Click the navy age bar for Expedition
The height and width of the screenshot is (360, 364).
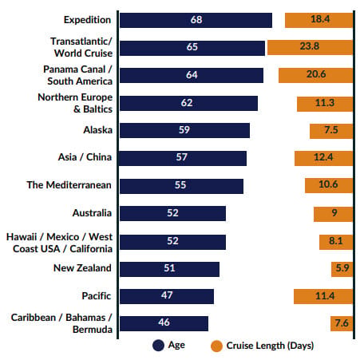click(x=196, y=20)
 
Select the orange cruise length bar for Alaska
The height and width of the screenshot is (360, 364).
click(x=331, y=131)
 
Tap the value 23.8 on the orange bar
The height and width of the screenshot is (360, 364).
click(x=310, y=46)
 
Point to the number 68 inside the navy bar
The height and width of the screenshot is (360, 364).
click(x=196, y=20)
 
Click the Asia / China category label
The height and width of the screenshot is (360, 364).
click(x=85, y=157)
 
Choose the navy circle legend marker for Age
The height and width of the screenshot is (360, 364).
click(x=158, y=346)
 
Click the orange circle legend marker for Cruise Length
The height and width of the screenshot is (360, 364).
click(x=216, y=346)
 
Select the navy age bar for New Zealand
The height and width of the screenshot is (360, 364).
click(x=169, y=269)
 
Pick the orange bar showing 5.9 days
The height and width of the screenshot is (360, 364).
click(x=342, y=269)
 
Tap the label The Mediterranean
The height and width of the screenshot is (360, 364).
click(x=69, y=185)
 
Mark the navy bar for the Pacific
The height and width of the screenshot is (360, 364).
click(x=167, y=296)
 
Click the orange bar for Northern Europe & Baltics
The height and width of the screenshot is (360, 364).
click(x=325, y=104)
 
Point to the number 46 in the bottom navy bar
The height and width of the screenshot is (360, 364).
click(x=164, y=322)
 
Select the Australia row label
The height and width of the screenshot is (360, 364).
click(x=92, y=213)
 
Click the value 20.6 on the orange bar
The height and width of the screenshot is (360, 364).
click(x=316, y=74)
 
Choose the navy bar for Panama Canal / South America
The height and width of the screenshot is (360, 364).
click(x=192, y=75)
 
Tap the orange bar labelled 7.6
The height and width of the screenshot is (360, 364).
click(x=342, y=323)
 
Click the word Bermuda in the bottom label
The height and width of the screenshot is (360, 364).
click(x=93, y=330)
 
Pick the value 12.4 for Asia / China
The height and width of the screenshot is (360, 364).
click(x=323, y=157)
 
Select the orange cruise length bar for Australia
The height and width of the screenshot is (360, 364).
click(x=333, y=214)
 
